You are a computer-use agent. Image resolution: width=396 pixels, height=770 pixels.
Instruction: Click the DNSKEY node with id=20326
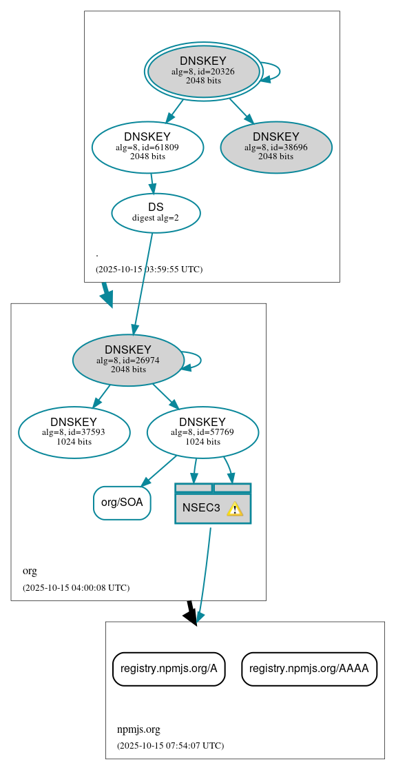click(203, 71)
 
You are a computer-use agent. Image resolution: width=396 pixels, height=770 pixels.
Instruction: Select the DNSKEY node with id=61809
click(147, 147)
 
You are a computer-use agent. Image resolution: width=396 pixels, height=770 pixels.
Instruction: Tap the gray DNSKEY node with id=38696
click(276, 147)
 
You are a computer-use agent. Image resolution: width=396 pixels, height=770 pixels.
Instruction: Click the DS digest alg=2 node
click(156, 212)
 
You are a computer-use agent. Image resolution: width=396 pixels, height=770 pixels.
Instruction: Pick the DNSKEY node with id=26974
click(128, 360)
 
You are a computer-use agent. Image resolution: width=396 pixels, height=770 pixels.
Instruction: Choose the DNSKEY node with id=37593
click(74, 432)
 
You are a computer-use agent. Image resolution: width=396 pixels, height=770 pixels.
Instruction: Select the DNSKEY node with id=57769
click(202, 432)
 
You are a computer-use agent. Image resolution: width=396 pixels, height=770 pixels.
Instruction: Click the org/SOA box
click(122, 503)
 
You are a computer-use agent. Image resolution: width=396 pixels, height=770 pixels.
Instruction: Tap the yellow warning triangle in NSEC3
click(235, 509)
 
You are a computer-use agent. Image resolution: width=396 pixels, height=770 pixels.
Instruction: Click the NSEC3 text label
click(201, 508)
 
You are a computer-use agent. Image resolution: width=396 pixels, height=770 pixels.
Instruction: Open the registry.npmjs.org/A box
click(169, 669)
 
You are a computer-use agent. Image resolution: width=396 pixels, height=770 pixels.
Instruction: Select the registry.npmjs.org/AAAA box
click(309, 669)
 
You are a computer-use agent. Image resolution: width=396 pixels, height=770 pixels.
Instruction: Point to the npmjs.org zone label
click(138, 729)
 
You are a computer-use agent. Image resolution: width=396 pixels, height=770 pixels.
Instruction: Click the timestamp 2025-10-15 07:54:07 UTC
click(170, 745)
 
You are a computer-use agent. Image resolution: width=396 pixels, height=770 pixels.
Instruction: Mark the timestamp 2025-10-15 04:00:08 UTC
click(76, 587)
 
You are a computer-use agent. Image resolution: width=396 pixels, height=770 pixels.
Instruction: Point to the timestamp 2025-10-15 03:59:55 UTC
click(149, 269)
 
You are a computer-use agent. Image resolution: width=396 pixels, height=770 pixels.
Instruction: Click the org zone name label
click(30, 571)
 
